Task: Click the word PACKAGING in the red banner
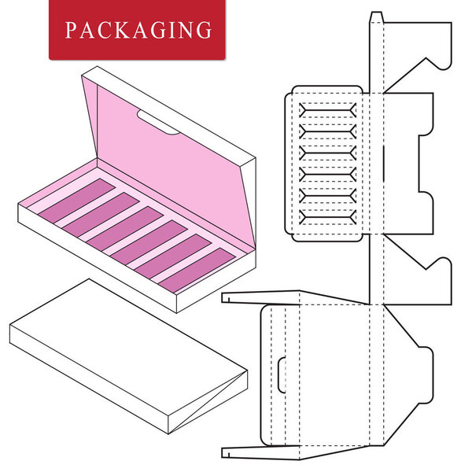click(x=138, y=31)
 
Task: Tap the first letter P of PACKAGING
click(x=70, y=31)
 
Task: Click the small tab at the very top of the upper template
click(x=377, y=17)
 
